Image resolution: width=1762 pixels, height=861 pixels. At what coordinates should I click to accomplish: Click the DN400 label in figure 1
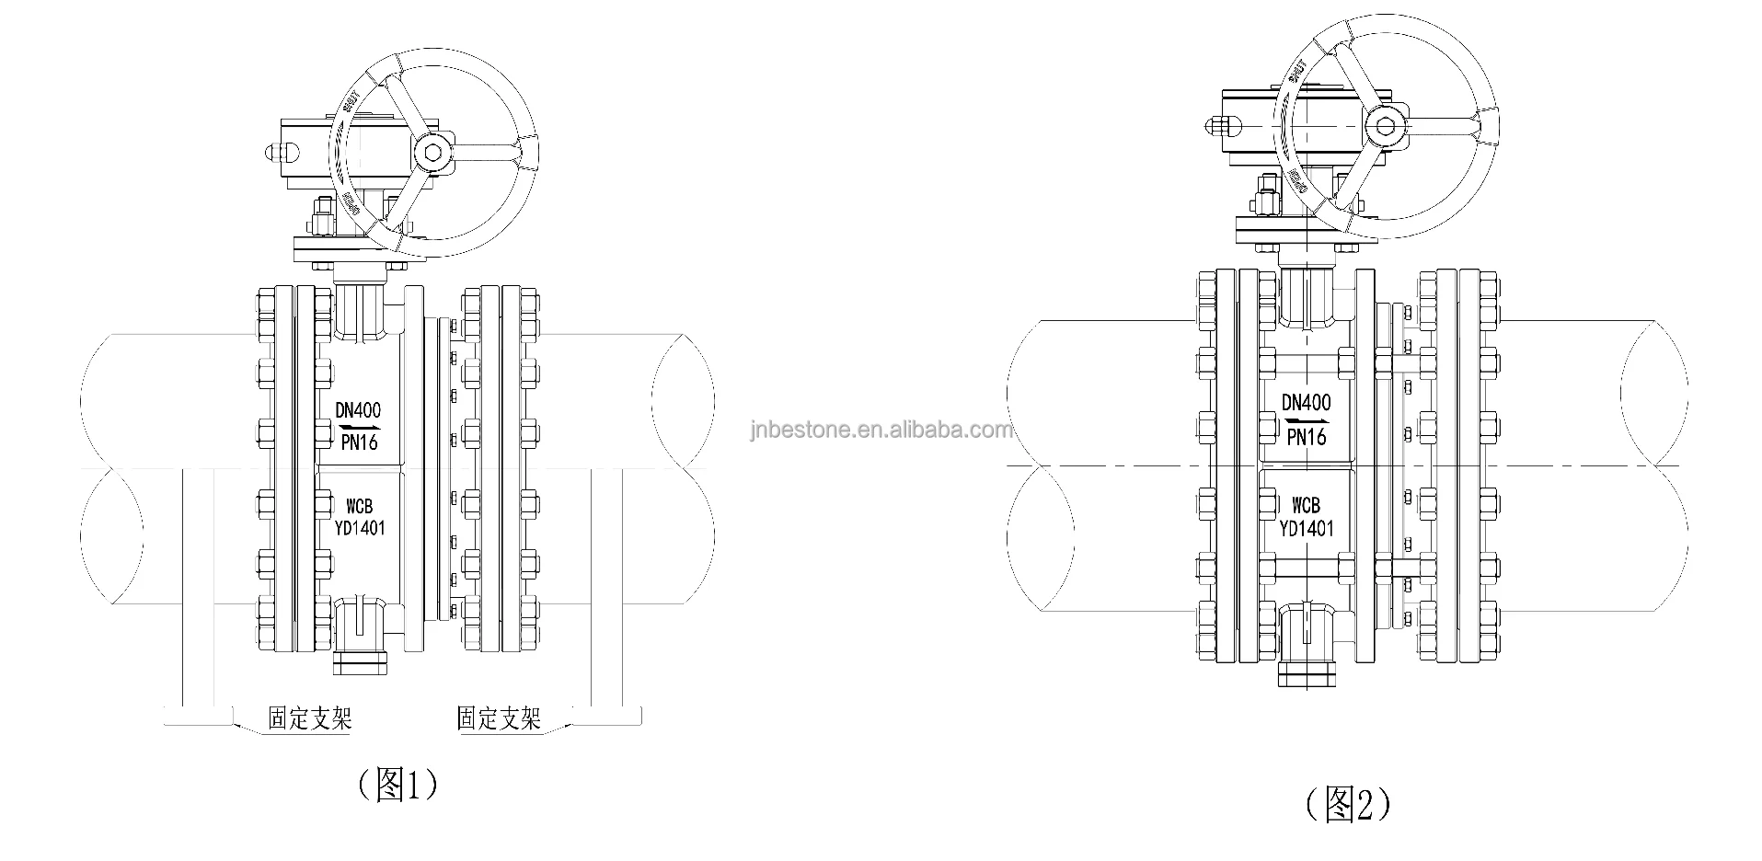tap(359, 410)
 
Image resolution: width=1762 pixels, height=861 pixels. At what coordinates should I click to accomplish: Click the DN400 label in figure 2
tap(1306, 402)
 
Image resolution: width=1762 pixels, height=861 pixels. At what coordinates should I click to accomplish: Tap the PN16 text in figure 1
tap(359, 442)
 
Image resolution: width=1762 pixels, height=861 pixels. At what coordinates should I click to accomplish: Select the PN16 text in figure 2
tap(1306, 436)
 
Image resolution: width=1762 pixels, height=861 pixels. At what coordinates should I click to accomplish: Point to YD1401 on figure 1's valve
tap(359, 527)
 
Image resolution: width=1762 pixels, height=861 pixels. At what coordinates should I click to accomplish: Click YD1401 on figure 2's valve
tap(1306, 528)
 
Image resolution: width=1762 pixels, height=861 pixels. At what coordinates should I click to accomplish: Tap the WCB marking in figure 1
tap(359, 507)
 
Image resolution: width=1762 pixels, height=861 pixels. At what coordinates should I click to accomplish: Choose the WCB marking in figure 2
tap(1306, 505)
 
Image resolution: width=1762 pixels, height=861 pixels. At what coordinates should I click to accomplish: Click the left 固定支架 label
tap(309, 718)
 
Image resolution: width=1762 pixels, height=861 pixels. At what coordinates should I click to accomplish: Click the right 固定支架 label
tap(499, 718)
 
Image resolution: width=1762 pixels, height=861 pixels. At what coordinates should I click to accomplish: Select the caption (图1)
tap(396, 785)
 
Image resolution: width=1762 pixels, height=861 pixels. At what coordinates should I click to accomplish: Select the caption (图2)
tap(1347, 804)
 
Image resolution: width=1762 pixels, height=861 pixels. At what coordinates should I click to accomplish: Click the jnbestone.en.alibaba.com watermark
tap(881, 430)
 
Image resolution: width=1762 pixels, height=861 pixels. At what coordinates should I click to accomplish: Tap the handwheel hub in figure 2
tap(1386, 127)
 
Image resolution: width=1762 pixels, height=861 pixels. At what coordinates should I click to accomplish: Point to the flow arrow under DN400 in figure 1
tap(359, 428)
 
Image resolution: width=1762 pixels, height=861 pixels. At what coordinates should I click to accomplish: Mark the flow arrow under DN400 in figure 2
tap(1306, 419)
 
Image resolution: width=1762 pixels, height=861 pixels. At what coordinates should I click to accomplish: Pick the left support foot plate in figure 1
tap(199, 714)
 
